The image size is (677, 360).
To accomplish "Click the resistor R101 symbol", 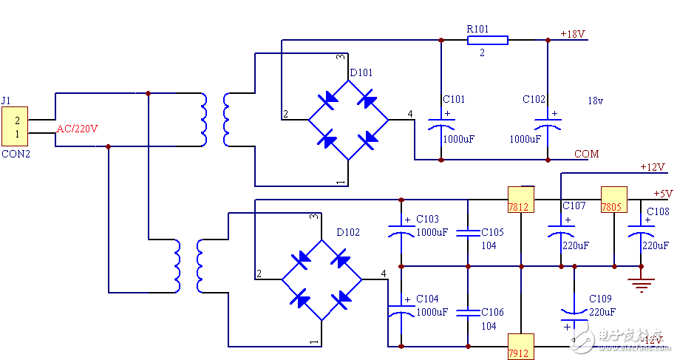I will coord(487,40).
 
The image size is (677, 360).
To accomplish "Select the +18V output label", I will coord(573,34).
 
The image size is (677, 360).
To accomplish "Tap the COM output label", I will coord(587,154).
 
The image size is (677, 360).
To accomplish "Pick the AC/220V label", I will coord(78,129).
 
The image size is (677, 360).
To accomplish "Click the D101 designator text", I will coord(361,72).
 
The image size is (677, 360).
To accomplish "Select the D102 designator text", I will coord(348,232).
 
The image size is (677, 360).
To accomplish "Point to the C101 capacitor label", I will coord(454,99).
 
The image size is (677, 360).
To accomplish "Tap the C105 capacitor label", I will coord(492,232).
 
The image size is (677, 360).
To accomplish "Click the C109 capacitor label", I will coord(600,299).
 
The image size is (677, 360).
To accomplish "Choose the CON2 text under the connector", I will coord(16,154).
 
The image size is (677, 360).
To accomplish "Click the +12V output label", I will coord(653,166).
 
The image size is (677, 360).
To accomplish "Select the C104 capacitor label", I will coord(427,299).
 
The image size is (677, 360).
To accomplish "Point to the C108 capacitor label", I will coord(658,211).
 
